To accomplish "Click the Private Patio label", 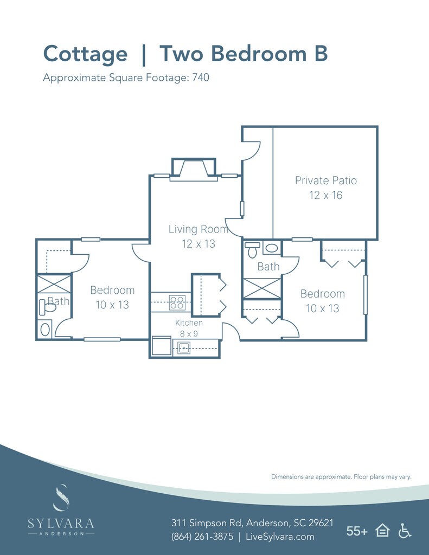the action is tap(325, 188).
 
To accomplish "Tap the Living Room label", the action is tap(198, 236).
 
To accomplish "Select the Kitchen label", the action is tap(189, 328).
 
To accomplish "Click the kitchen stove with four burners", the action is tap(177, 302).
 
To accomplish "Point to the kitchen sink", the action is tap(184, 348).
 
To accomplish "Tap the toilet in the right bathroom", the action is tap(252, 250).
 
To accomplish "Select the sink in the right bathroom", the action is tap(271, 249).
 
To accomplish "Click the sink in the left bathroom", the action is tap(44, 329).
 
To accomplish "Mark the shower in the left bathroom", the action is tap(54, 285).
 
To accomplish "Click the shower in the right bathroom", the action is tap(261, 288).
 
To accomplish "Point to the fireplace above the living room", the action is tap(194, 169).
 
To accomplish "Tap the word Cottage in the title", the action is tap(85, 54).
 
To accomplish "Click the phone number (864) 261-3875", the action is tap(202, 537).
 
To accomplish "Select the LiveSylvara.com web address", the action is tap(280, 537).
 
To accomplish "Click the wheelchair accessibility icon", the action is tap(405, 531).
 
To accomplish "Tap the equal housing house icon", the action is tap(382, 531).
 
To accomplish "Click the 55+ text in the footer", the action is tap(357, 531).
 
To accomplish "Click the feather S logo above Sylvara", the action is tap(61, 498).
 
